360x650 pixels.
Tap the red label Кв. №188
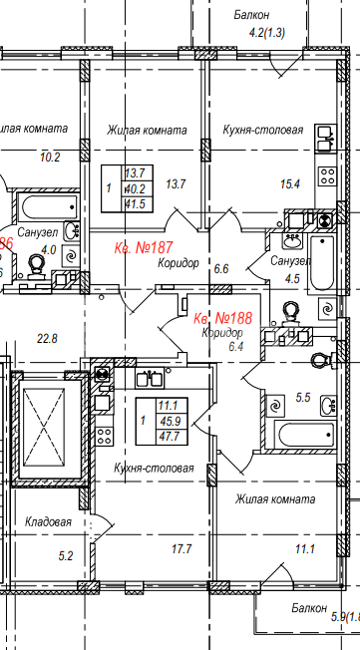click(221, 317)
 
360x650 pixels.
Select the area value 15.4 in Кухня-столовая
click(290, 182)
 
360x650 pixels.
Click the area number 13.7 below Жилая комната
click(176, 182)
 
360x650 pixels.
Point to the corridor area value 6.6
click(221, 268)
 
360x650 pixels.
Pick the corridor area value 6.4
click(236, 346)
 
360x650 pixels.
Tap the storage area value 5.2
click(67, 555)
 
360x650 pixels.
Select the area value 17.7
click(180, 547)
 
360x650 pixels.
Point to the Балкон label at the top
click(253, 15)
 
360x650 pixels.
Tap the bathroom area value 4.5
click(291, 279)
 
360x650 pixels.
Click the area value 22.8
click(47, 339)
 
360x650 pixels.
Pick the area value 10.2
click(50, 157)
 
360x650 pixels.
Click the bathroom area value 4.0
click(47, 251)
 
